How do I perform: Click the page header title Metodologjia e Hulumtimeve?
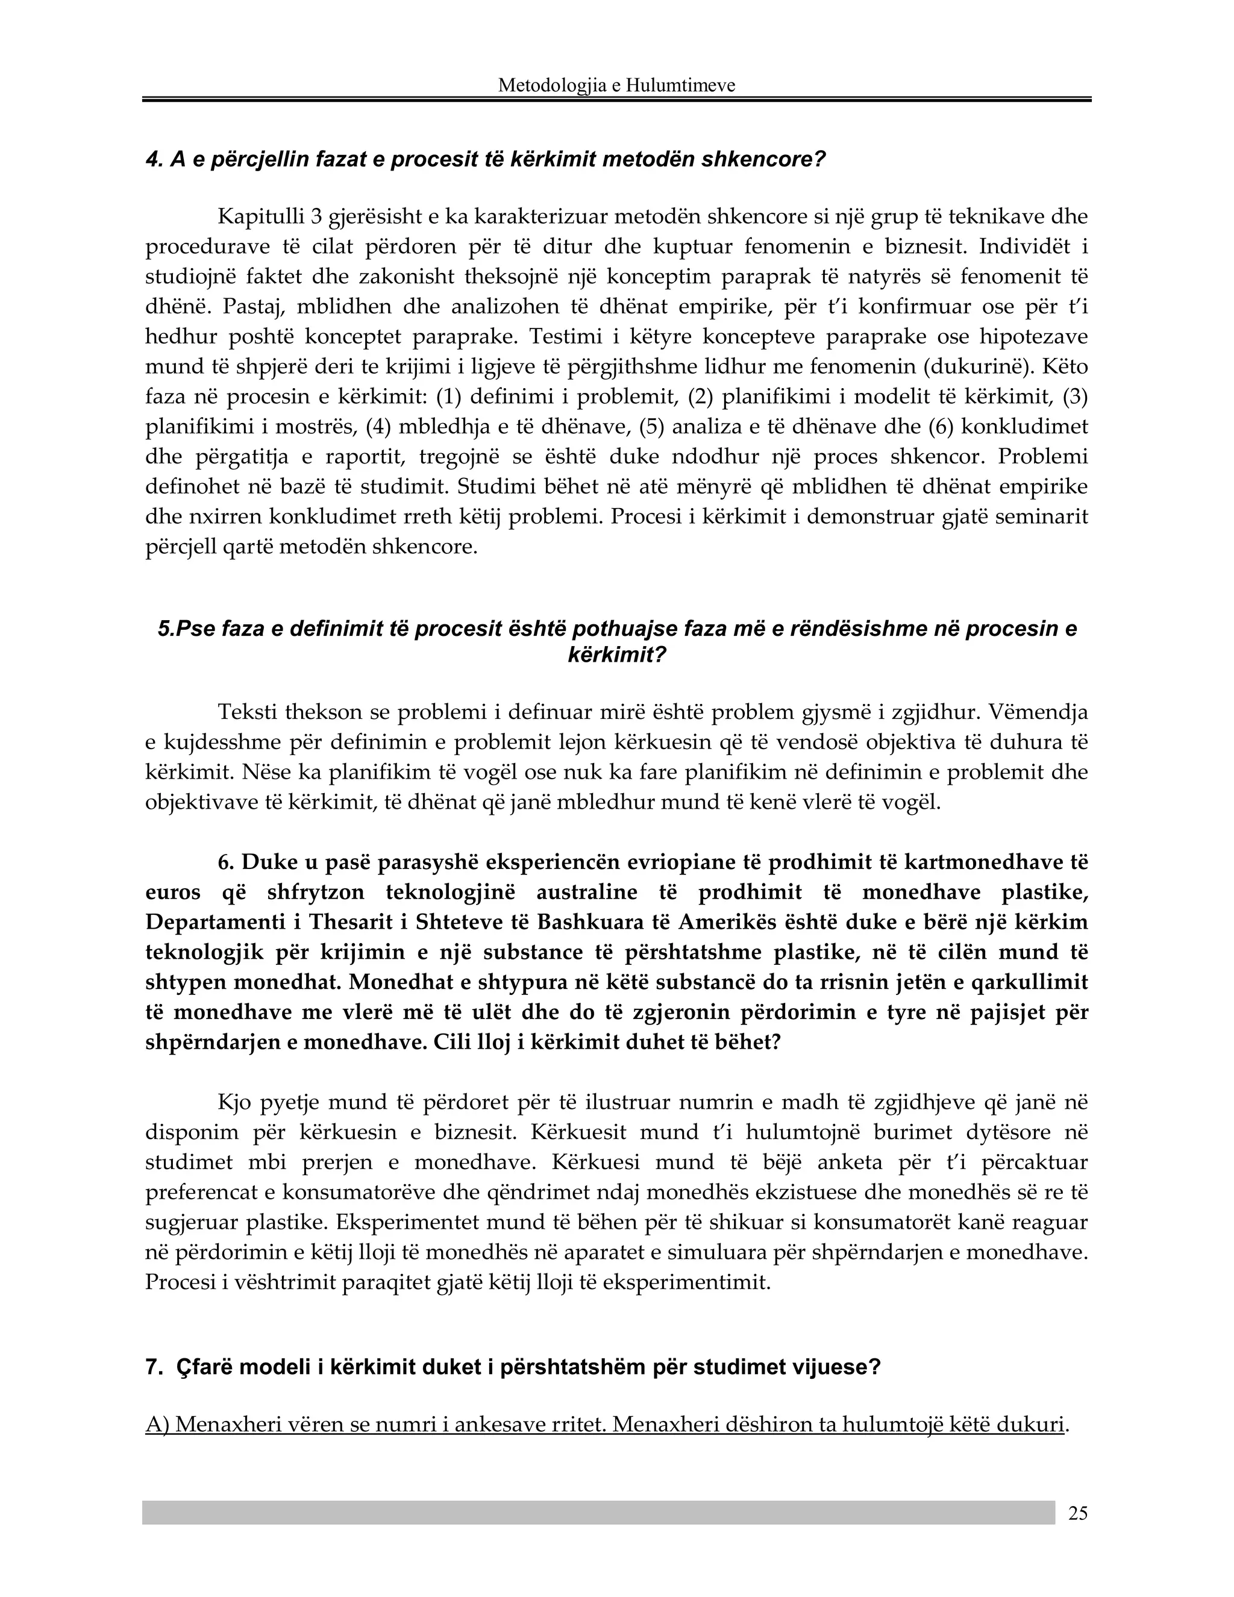(x=616, y=86)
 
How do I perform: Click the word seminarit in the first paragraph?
(x=1048, y=516)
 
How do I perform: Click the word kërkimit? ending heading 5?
(x=617, y=654)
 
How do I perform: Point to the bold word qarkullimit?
(x=1029, y=982)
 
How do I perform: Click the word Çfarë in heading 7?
(x=202, y=1367)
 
